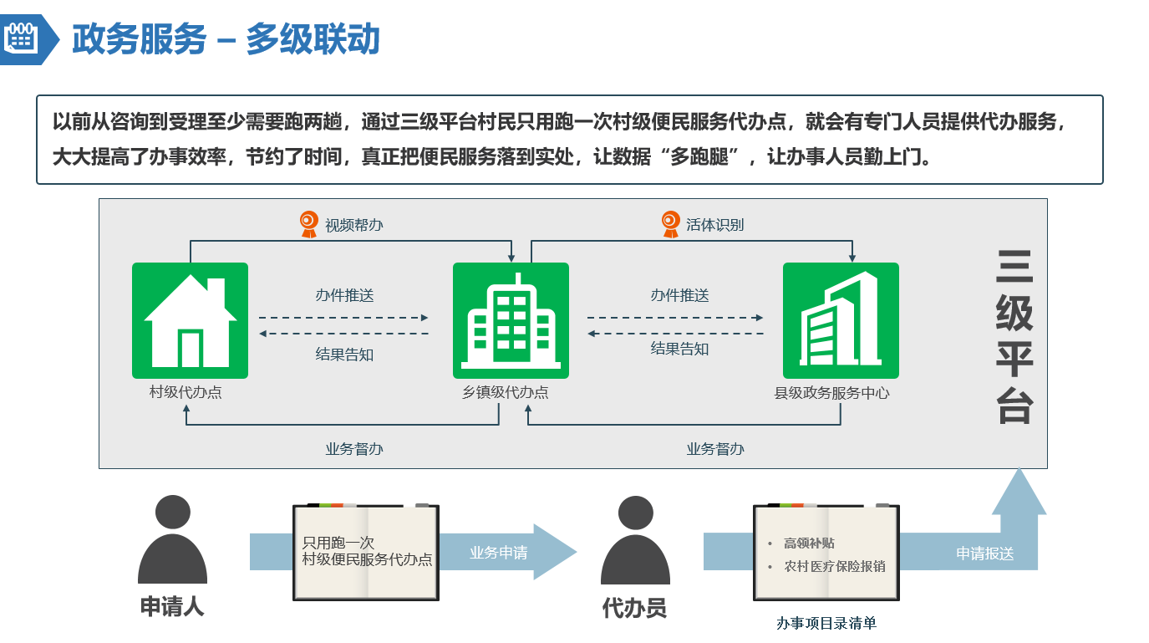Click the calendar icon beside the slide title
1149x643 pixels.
[19, 38]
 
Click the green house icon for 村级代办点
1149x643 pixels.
[190, 320]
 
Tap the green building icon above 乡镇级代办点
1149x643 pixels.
[511, 320]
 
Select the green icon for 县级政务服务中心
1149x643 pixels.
[840, 320]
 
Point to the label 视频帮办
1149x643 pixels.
[354, 225]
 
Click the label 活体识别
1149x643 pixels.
[715, 224]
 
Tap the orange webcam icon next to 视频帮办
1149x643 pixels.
[309, 224]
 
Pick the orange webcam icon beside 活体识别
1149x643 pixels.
[670, 224]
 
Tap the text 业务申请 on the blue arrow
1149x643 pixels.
[498, 553]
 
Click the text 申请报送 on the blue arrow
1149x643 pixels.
[984, 554]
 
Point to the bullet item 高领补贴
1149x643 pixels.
[808, 543]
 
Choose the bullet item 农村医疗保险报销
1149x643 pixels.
[834, 566]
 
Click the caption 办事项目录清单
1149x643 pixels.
[826, 623]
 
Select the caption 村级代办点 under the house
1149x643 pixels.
[186, 392]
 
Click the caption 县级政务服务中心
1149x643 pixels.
[832, 392]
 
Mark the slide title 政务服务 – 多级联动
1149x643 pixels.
[226, 39]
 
